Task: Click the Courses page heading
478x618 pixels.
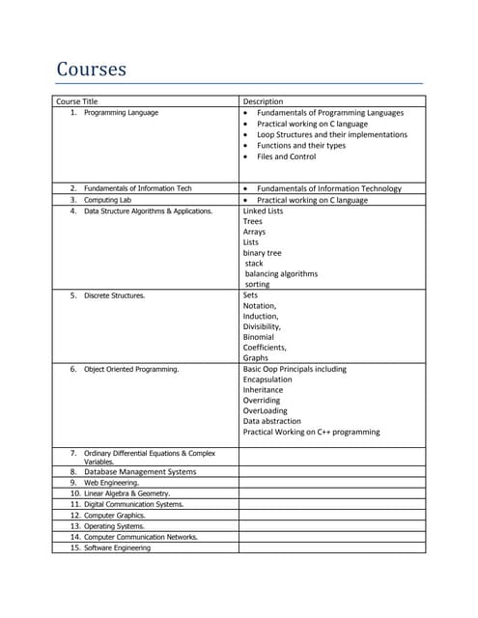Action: coord(92,70)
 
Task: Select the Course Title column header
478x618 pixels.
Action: coord(77,101)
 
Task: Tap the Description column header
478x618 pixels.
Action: coord(263,101)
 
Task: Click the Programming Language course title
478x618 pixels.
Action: coord(121,113)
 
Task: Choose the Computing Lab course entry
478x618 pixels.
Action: coord(107,200)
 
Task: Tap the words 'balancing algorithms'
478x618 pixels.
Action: coord(281,273)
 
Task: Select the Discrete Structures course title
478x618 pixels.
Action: coord(115,295)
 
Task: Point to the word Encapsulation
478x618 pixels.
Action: coord(267,379)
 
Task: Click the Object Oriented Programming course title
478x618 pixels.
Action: coord(130,369)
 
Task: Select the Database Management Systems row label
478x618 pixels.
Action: coord(139,472)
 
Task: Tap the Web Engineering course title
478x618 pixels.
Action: coord(111,483)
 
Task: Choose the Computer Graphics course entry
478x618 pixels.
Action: coord(119,516)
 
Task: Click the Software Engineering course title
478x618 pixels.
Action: coord(117,548)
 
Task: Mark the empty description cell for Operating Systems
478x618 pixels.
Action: coord(330,526)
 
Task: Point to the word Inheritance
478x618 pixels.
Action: coord(263,390)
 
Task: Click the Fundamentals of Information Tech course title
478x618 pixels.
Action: coord(137,188)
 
